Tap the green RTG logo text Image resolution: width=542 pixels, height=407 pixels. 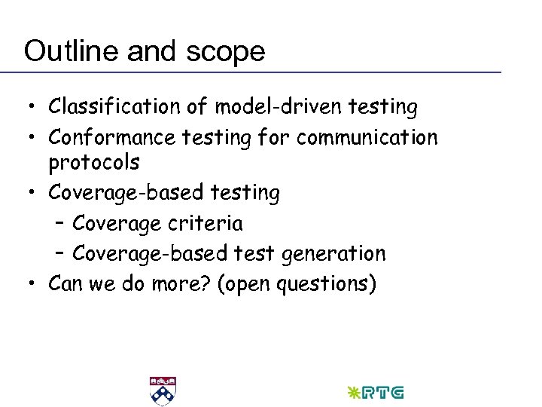coord(382,393)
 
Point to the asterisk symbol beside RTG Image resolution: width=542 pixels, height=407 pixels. coord(352,393)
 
